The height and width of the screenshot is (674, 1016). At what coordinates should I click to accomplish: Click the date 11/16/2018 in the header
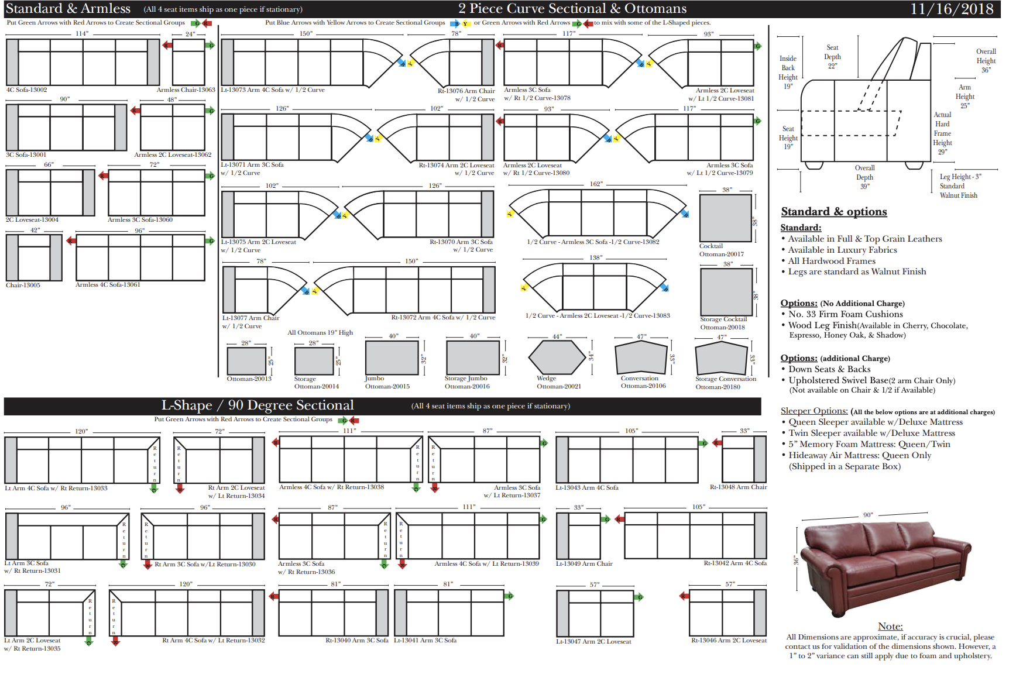coord(952,9)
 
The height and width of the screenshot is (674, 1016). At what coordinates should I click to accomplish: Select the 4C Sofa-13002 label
coord(26,90)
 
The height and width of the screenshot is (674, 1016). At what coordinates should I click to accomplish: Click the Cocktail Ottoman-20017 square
coord(725,218)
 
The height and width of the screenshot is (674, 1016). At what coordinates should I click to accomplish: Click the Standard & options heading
coord(833,212)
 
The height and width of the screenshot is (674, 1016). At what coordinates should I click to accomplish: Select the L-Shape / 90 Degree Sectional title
coord(258,405)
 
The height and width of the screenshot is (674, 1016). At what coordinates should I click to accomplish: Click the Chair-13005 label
coord(23,286)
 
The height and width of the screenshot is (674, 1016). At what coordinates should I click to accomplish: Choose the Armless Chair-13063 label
coord(186,90)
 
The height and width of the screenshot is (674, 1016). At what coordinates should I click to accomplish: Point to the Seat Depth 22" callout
coord(832,57)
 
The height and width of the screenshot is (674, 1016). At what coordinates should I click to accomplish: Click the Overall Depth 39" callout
coord(864,177)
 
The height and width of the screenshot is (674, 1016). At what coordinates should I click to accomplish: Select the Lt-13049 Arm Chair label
coord(583,564)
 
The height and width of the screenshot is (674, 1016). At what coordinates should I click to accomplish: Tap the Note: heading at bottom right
coord(890,627)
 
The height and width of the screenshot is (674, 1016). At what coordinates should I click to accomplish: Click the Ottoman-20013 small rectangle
coord(246,360)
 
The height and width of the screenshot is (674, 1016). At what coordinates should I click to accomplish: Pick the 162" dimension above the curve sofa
coord(596,184)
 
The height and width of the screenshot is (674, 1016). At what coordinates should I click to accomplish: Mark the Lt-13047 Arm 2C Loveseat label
coord(593,642)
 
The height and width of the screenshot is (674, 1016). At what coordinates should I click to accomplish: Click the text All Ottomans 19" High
coord(320,333)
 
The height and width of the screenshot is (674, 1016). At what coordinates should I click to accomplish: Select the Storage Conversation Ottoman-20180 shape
coord(721,357)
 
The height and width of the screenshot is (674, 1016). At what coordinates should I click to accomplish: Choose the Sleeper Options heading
coord(814,411)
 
